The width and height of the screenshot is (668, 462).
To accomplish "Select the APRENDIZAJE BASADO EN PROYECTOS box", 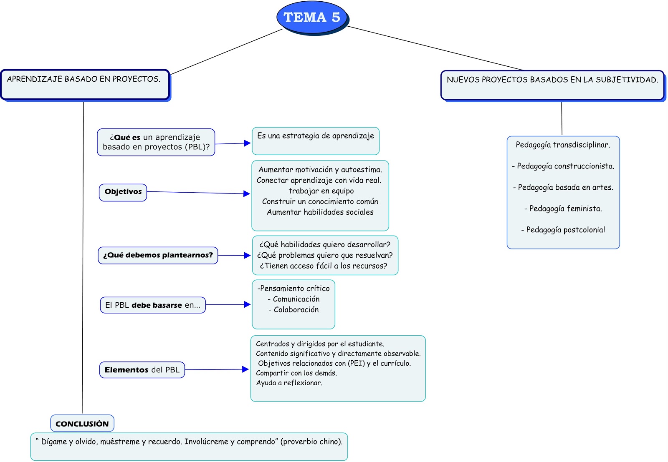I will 85,84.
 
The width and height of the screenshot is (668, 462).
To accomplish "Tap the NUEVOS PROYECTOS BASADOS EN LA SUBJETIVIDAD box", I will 552,85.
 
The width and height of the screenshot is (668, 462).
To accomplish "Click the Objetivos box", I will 123,192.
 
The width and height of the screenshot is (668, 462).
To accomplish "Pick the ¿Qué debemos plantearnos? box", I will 158,255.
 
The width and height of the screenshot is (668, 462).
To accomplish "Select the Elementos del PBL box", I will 142,370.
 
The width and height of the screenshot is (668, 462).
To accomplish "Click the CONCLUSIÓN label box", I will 82,424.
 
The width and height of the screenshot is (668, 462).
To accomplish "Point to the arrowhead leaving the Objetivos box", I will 247,193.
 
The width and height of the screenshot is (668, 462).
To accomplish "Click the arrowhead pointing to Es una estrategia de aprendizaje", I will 247,143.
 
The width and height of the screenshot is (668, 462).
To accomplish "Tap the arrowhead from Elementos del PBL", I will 245,369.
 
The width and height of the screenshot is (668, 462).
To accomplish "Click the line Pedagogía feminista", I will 563,208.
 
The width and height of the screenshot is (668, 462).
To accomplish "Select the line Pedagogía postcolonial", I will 563,230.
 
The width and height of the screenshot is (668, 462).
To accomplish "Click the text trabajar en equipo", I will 321,191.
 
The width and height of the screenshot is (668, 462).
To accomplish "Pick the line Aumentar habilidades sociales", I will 320,212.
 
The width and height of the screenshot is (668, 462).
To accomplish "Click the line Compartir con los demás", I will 296,373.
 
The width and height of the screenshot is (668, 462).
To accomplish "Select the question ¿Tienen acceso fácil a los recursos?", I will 324,266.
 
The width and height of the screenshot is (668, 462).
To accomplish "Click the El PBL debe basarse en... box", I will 153,305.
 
